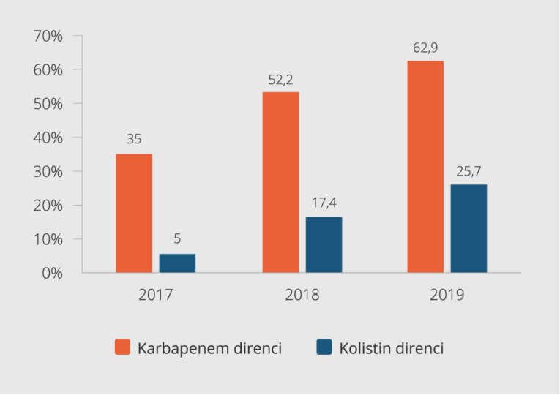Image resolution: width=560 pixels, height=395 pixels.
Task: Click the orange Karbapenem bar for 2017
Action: tap(134, 213)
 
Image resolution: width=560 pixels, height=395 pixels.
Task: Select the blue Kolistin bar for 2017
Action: tap(177, 263)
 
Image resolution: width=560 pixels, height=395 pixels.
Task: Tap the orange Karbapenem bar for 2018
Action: tap(280, 182)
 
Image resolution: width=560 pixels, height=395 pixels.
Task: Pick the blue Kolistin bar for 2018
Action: tap(324, 244)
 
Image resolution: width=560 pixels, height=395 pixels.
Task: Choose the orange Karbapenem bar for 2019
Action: tap(425, 167)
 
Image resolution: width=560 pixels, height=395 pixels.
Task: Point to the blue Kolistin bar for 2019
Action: tap(468, 228)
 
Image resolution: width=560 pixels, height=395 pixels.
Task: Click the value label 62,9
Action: tap(425, 49)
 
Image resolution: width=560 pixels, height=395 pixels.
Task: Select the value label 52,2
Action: tap(280, 80)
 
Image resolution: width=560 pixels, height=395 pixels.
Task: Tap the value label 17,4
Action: tap(324, 203)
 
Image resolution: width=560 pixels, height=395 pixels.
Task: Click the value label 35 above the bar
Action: tap(134, 139)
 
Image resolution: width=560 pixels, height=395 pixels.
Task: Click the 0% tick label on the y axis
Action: tap(53, 273)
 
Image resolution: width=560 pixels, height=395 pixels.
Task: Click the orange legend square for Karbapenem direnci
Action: tap(122, 347)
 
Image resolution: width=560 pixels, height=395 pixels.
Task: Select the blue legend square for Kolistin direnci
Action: tap(324, 347)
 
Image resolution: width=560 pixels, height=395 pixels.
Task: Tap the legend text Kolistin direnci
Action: tap(391, 348)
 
